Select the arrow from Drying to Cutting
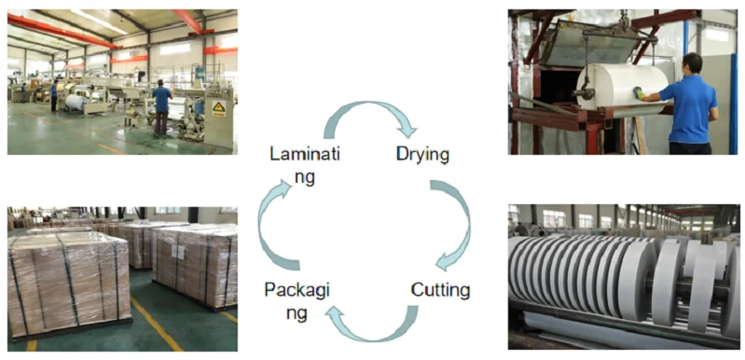(454, 225)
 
